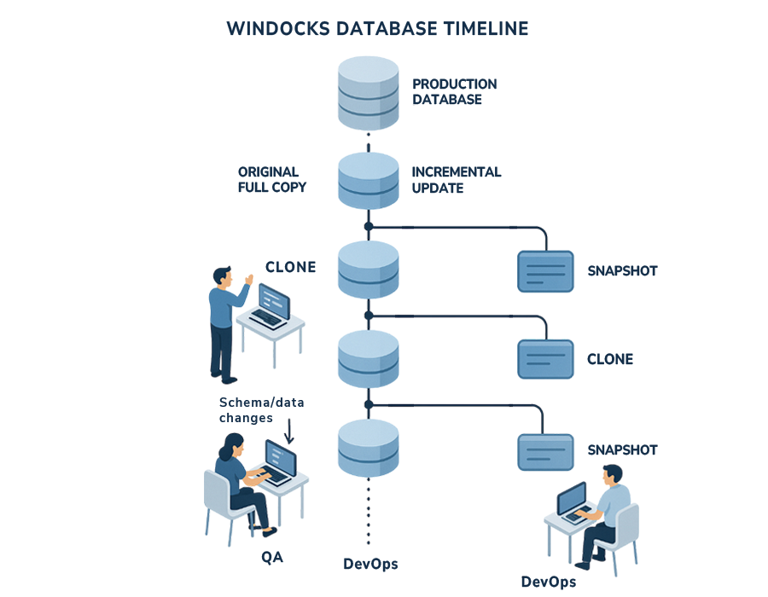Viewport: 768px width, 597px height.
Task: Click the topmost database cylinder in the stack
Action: coord(368,90)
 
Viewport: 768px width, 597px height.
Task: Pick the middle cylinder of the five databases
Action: coord(368,268)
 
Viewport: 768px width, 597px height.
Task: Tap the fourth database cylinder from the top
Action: coord(368,358)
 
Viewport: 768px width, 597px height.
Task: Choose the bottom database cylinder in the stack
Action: coord(368,449)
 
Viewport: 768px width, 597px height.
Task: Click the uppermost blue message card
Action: coord(545,271)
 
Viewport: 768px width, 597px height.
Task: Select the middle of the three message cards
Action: coord(545,358)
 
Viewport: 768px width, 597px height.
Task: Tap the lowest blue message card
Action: coord(545,451)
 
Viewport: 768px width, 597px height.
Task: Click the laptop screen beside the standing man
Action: coord(273,298)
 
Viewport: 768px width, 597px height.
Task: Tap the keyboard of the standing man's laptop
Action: coord(268,319)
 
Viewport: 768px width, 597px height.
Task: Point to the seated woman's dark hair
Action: coord(232,445)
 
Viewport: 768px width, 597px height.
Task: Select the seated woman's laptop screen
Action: coord(281,458)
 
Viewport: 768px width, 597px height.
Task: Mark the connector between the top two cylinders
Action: coord(368,140)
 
